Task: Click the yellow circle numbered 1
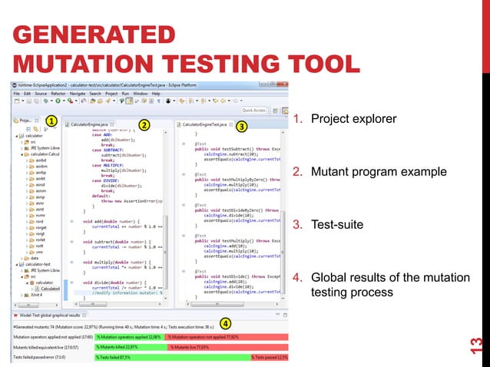click(x=50, y=121)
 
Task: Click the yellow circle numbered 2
click(x=143, y=124)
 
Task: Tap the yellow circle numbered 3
click(x=240, y=125)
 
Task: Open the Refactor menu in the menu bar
click(x=55, y=93)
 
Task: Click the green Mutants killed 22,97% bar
click(x=125, y=346)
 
